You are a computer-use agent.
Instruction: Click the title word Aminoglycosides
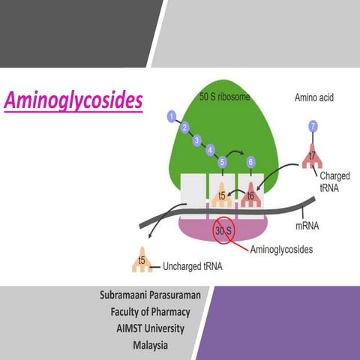click(x=73, y=100)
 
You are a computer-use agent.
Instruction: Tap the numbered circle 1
click(x=172, y=116)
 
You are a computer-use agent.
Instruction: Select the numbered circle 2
click(x=184, y=127)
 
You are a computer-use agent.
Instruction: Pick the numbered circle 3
click(x=197, y=139)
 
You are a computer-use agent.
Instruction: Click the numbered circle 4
click(x=210, y=150)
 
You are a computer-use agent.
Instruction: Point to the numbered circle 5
click(x=223, y=161)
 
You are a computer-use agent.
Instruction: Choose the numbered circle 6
click(x=250, y=161)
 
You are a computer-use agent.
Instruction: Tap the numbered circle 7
click(x=313, y=127)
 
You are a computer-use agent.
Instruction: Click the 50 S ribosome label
click(x=225, y=97)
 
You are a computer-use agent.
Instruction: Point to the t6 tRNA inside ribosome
click(x=250, y=194)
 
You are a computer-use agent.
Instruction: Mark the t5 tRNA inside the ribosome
click(x=223, y=194)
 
